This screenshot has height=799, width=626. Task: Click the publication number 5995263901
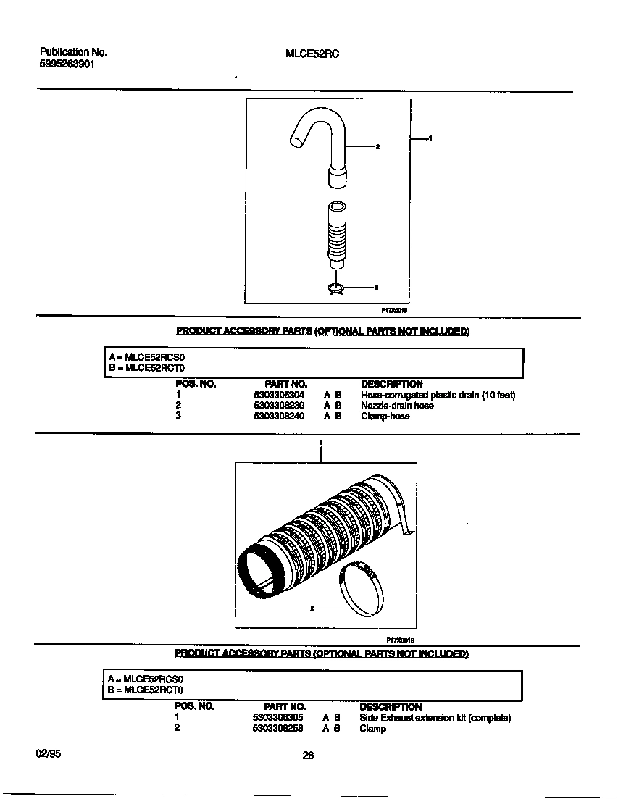coord(67,64)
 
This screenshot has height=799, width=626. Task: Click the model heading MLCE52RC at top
coord(313,53)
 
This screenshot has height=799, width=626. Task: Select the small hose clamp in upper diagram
coord(336,288)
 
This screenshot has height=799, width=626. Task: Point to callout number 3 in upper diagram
coord(376,288)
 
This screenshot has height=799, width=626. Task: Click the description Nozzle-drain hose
coord(397,406)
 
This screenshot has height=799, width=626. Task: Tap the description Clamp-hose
coord(385,417)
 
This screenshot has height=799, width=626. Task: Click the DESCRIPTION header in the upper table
coord(391,384)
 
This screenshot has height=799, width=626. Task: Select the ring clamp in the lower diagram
coord(362,588)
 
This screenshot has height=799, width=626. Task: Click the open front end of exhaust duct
coord(261,572)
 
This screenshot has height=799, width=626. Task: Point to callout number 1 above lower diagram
coord(320,443)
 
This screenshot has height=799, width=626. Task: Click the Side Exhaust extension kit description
coord(435,718)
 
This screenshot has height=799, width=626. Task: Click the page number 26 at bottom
coord(308,756)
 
